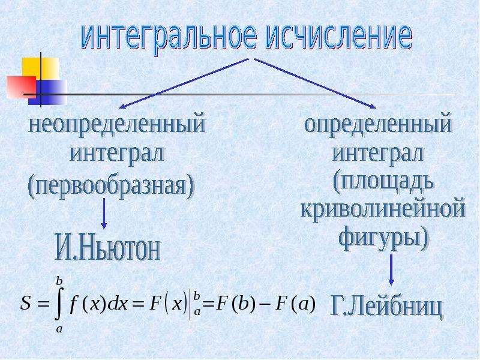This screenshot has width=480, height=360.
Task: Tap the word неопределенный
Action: click(117, 125)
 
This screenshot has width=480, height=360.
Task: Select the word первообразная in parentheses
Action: click(112, 187)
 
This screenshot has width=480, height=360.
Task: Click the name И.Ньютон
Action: click(108, 247)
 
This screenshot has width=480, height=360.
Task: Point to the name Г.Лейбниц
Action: click(386, 307)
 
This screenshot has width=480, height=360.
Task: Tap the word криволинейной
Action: click(383, 209)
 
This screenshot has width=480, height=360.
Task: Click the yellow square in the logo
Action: click(41, 67)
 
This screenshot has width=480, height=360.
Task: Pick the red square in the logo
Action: click(21, 87)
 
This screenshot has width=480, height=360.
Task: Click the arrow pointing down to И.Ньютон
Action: click(104, 214)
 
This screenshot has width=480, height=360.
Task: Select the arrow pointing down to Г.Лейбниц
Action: click(391, 269)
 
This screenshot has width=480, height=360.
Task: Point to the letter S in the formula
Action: click(26, 304)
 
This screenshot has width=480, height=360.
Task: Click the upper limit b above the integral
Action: click(59, 280)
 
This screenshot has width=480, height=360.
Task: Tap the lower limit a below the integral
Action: click(59, 329)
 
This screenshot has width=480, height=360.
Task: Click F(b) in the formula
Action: click(235, 304)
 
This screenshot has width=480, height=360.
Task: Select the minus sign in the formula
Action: click(266, 305)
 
